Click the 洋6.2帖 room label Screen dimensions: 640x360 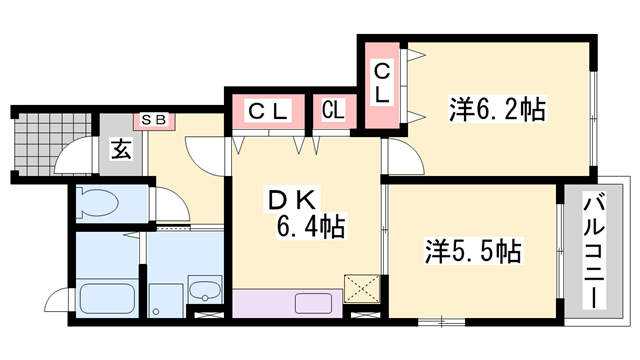point(497,109)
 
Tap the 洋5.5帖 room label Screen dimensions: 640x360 point(473,251)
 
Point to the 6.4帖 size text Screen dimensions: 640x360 point(311,226)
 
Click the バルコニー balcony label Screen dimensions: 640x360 point(593,253)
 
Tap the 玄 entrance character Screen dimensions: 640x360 point(121,149)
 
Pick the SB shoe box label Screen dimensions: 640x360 point(154,120)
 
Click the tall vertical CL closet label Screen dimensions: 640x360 point(382,83)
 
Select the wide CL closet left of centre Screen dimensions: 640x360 point(268,110)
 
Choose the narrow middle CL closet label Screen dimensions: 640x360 point(333,109)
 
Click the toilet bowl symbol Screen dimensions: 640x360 point(98,202)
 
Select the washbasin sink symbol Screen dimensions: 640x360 point(204,289)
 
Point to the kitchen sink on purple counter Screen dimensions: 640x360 point(313,304)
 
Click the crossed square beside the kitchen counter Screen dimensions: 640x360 point(362,289)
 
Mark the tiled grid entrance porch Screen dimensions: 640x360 point(53,143)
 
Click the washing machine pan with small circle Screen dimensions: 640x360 point(166,300)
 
